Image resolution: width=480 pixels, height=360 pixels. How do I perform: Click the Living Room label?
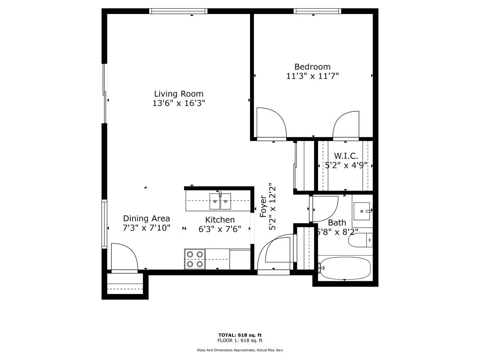coord(179,94)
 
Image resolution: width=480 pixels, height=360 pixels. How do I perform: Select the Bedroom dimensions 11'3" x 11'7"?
coord(312,76)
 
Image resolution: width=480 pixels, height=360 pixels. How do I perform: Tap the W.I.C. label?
coord(346,156)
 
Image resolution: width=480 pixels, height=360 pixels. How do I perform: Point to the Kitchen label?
coord(220,220)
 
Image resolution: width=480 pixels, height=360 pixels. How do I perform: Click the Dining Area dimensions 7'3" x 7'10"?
coord(146,228)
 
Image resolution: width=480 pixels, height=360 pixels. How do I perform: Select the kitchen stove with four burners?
coord(195,259)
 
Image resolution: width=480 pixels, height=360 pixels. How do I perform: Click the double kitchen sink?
coord(220,201)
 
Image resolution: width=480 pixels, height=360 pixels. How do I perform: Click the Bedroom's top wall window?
coord(317,11)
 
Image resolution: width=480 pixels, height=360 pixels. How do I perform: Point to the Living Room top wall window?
coord(178,11)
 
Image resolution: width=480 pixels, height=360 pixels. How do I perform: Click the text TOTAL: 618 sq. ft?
coord(240,335)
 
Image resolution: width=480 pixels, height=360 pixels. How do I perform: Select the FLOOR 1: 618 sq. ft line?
coord(240,340)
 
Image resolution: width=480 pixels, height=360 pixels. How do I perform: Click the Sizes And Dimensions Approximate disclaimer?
coord(240,350)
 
